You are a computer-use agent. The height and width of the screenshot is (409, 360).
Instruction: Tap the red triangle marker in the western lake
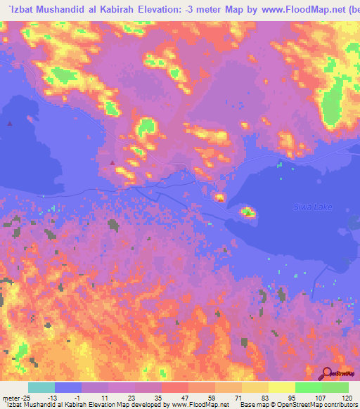point(9,123)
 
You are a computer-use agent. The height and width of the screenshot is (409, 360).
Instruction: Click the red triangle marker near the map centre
point(112,163)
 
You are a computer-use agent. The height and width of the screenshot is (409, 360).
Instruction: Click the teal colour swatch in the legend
point(41,387)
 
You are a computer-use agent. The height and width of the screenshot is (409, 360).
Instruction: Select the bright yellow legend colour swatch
point(281,387)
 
